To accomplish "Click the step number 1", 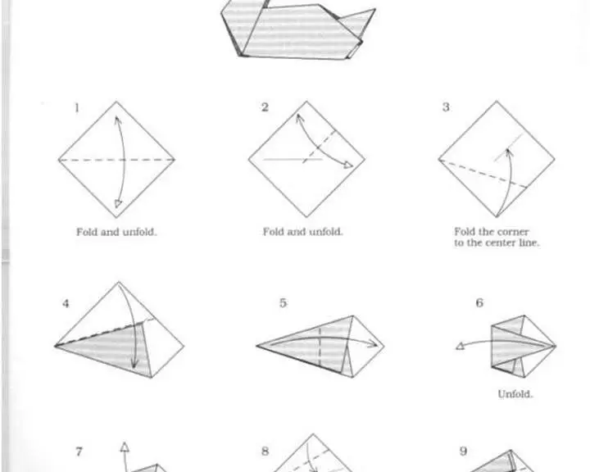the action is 77,108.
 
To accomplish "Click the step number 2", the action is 265,107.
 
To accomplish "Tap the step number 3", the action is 446,107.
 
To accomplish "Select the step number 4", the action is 66,303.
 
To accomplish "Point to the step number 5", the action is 283,303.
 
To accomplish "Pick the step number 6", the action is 479,302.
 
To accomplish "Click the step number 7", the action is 79,452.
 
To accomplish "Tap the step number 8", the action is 265,451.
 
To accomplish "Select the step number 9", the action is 463,451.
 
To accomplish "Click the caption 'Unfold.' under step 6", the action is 515,394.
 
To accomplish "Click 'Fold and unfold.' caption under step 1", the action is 116,232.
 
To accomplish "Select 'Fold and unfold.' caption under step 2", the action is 302,231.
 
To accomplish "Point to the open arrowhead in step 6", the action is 460,347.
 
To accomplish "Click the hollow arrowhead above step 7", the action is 125,447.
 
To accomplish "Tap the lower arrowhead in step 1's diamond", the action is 118,204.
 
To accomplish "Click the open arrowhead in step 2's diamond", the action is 348,166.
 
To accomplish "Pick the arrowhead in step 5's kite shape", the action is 373,343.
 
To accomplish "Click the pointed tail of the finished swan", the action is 374,10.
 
